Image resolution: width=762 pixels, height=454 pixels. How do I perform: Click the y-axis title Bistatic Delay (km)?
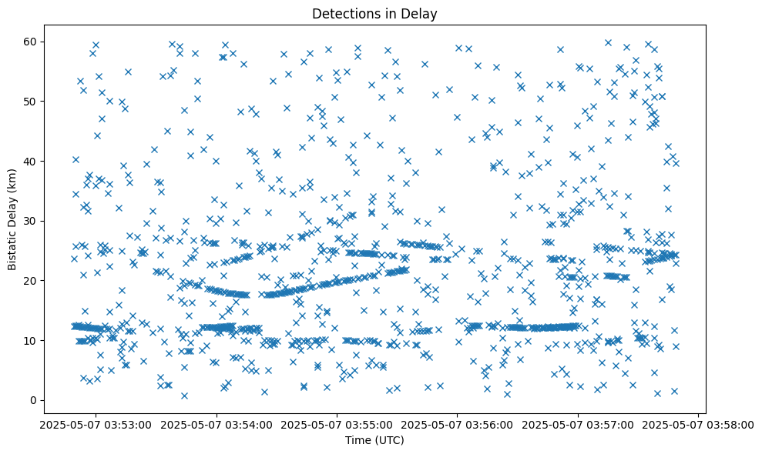click(x=13, y=220)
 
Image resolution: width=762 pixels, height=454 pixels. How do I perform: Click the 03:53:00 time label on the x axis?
click(x=96, y=424)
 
